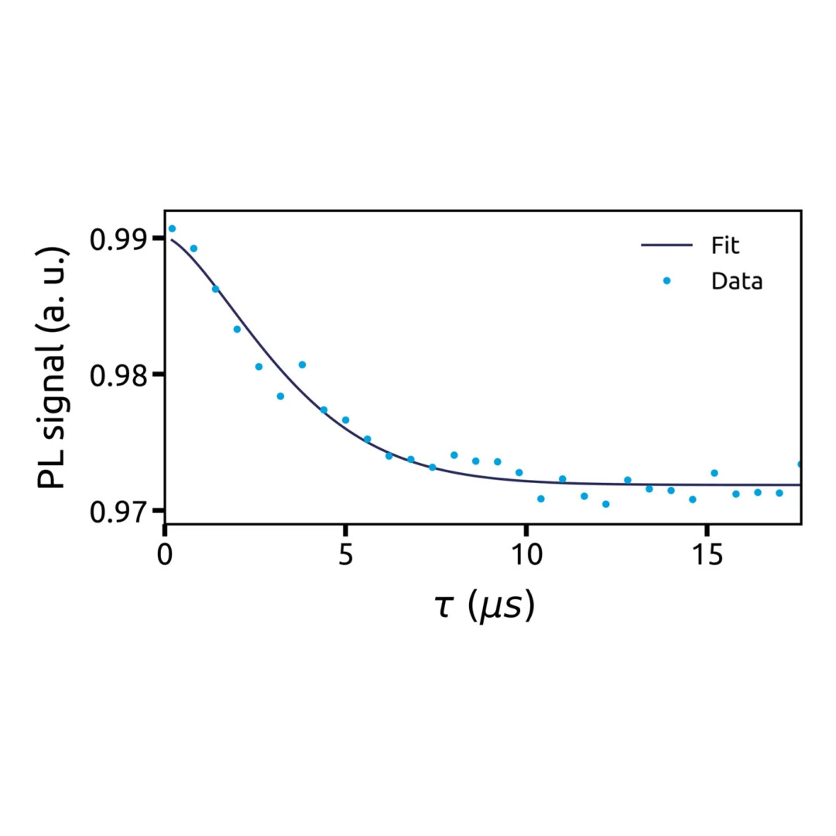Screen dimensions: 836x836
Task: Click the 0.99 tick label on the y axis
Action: pos(121,239)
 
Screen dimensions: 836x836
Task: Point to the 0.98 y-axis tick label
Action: pos(121,375)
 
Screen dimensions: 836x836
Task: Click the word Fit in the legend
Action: pos(725,246)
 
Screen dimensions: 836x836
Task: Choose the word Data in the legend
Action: pos(737,281)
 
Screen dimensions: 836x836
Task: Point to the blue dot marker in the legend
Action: pos(666,281)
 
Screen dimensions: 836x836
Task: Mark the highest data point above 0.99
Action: pos(172,229)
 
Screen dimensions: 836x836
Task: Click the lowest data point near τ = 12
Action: pos(605,504)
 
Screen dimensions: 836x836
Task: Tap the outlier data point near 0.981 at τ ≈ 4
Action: pos(302,365)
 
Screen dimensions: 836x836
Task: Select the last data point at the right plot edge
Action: pos(800,464)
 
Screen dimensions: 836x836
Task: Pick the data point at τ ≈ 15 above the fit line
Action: pos(714,473)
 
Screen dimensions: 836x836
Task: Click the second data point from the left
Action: pos(194,248)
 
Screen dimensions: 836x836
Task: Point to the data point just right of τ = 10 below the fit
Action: pos(540,499)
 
